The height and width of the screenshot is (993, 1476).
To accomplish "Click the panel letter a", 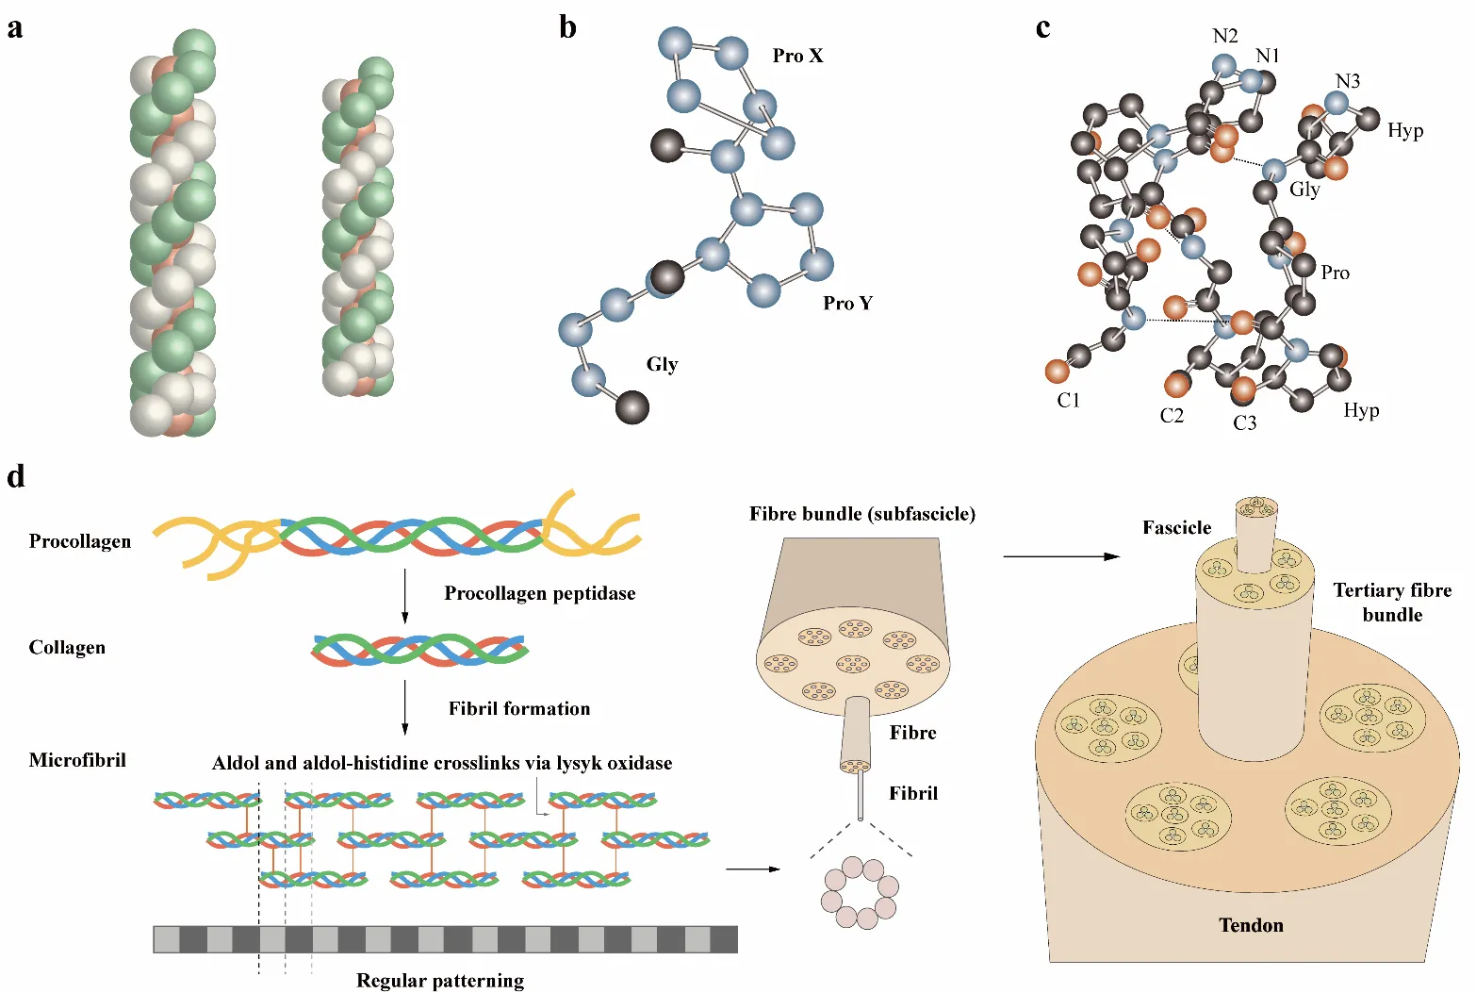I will coord(15,28).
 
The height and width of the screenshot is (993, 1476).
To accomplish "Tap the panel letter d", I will coord(16,477).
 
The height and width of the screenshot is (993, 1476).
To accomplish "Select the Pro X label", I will coord(797,56).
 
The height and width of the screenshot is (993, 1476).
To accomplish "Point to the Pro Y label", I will coord(847,303).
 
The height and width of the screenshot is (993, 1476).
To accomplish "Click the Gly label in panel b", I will coord(662,364).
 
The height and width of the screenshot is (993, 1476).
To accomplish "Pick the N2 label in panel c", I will coord(1224,36).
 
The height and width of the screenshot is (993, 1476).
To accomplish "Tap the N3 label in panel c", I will coord(1348,81).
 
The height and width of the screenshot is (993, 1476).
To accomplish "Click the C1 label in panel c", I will coord(1068,401).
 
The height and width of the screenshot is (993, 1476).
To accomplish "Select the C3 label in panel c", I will coord(1244,422).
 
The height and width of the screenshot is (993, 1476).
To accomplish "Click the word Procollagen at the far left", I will coord(80,541).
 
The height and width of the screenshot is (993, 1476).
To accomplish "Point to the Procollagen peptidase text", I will coord(539,593).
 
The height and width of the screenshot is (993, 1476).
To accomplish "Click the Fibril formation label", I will coord(518,708).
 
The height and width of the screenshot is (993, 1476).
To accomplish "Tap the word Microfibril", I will coord(77,760).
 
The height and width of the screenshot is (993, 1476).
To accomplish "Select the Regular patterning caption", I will coord(440,981).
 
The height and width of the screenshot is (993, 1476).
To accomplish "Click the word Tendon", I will coord(1251,925).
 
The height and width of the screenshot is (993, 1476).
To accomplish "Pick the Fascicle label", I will coord(1176,527).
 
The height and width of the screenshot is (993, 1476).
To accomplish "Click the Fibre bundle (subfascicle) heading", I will coord(861,514).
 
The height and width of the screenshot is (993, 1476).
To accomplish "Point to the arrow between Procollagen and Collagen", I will coord(405,595).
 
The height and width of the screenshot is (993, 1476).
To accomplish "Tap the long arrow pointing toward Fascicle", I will coord(1060,556).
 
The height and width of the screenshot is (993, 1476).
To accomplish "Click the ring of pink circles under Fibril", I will coord(861,892).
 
